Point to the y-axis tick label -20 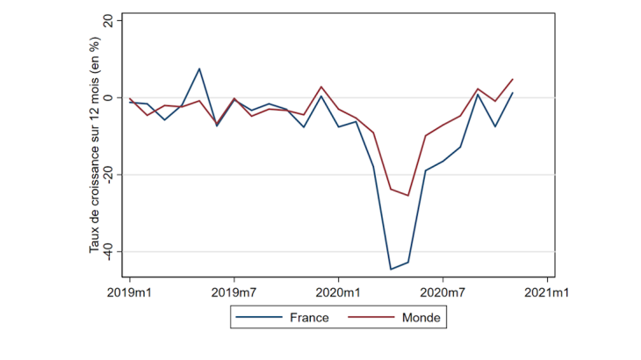(107, 175)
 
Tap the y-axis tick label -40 (107, 251)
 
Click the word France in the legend (309, 317)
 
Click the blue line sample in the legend (261, 317)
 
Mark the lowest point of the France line (391, 269)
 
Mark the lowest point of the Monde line (408, 195)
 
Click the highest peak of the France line (199, 68)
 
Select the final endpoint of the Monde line (513, 79)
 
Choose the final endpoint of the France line (513, 93)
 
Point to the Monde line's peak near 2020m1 (321, 87)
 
